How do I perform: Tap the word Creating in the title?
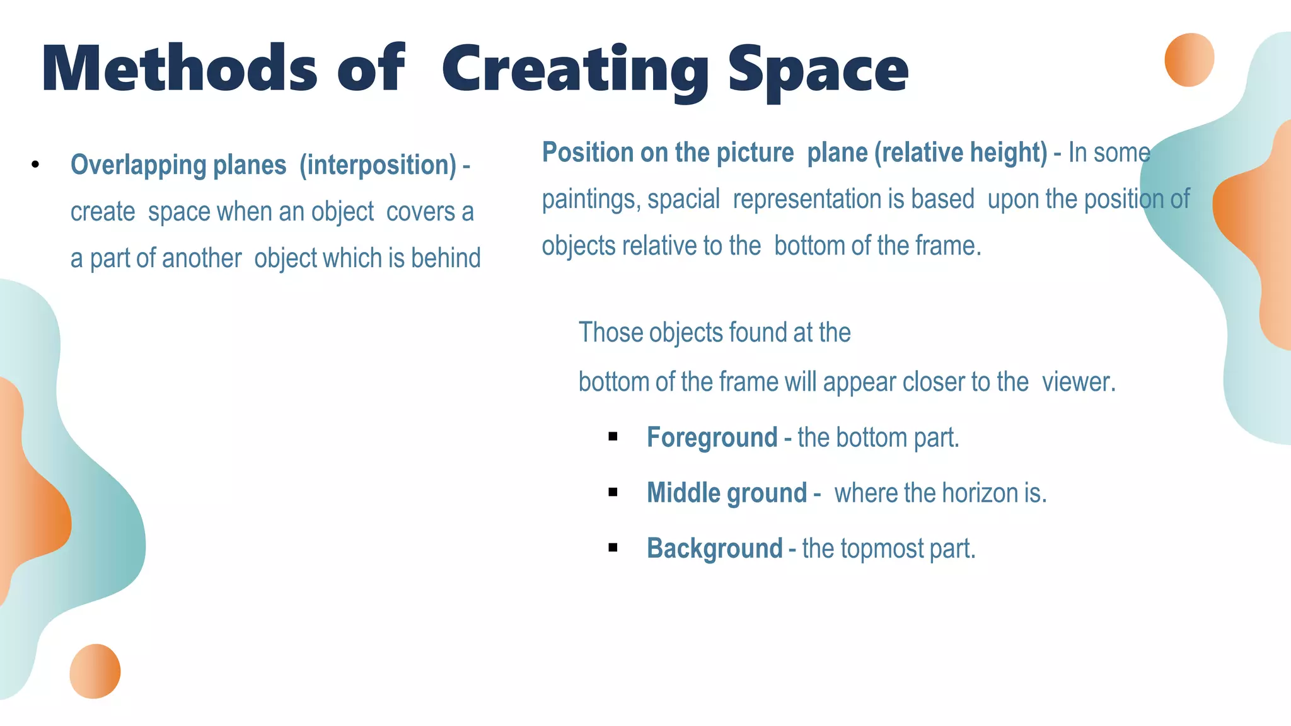575,71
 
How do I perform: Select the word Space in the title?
818,71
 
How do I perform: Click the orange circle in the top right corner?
1189,60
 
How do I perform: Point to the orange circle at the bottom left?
95,671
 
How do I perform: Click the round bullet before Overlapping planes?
35,165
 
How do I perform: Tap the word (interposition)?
378,165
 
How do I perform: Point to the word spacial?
683,199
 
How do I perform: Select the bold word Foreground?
712,437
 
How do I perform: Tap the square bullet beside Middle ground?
613,492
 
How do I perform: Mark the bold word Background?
714,548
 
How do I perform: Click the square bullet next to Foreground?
613,437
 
